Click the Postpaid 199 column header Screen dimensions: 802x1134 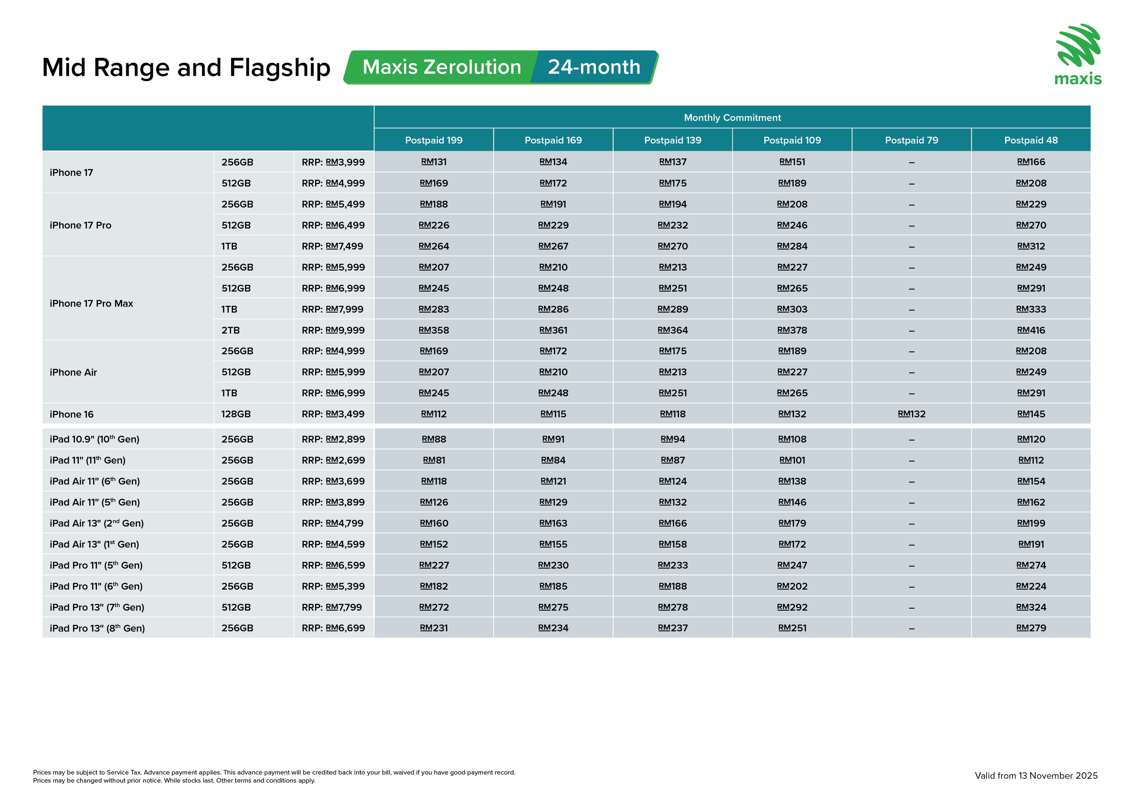pos(434,140)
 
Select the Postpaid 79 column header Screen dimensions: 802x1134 pos(911,140)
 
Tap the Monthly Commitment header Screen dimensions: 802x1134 pos(732,118)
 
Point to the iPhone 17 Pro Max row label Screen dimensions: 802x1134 pos(91,304)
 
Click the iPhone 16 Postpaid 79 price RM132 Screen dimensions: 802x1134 pos(911,414)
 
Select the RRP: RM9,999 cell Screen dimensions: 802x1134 pos(333,330)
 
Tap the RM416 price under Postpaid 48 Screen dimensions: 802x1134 pos(1031,330)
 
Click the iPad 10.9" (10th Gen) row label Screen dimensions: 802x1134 pos(94,439)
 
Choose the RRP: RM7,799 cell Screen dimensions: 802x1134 pos(332,607)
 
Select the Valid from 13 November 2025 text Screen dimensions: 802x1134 pos(1036,776)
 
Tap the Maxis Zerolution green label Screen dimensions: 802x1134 pos(442,67)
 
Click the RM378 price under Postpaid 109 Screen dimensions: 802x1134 pos(792,330)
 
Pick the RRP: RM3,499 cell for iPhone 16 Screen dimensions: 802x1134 pos(333,414)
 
